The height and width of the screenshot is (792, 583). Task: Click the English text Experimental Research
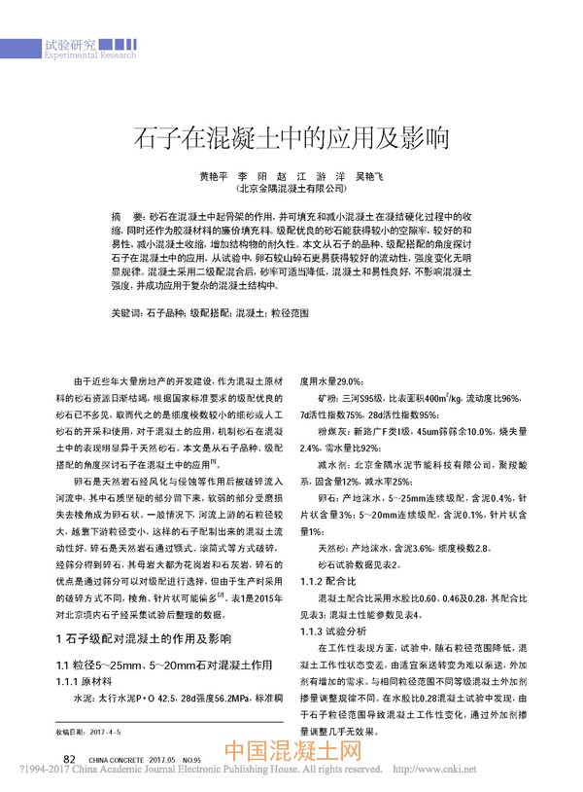pos(90,56)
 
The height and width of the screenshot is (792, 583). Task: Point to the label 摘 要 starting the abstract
pos(128,212)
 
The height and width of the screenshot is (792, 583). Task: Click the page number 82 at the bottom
pos(69,759)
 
